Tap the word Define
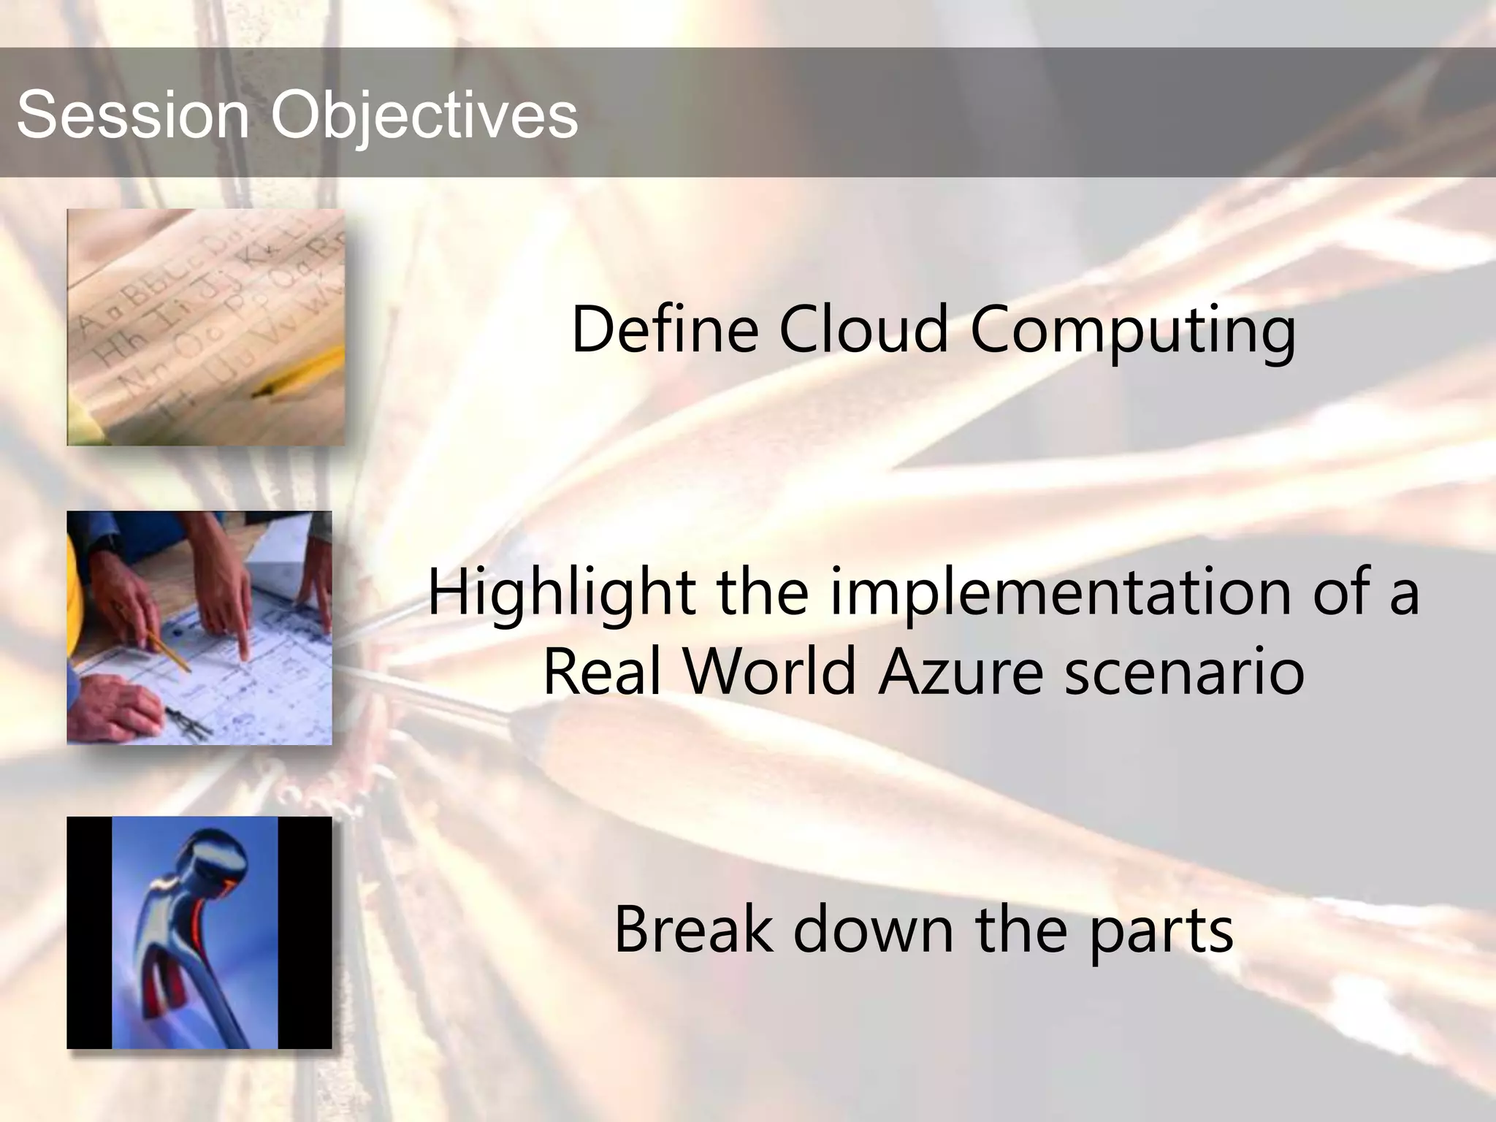tap(664, 330)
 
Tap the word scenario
tap(1185, 671)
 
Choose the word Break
tap(693, 929)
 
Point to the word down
tap(874, 929)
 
